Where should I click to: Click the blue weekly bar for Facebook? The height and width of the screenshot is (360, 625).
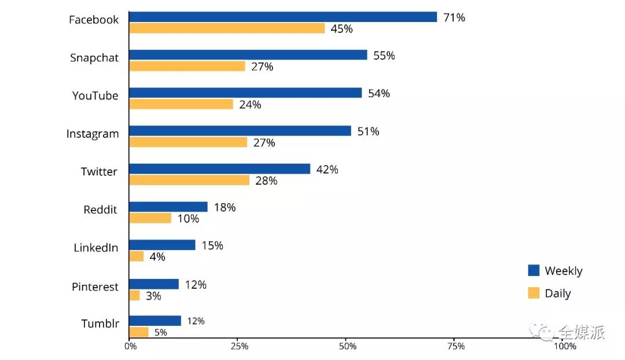(282, 17)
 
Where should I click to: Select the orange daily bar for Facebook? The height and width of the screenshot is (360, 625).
(226, 28)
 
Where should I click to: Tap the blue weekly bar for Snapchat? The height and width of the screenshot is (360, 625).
(248, 55)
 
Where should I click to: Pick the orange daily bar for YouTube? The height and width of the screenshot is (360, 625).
(181, 104)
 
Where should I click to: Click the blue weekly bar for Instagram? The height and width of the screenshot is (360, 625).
(240, 131)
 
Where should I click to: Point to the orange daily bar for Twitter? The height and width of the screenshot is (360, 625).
(189, 180)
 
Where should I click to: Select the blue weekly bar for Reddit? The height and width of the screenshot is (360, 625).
(168, 207)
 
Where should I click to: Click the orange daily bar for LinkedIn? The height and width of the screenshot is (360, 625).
(136, 256)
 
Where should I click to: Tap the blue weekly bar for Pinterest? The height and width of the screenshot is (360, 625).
(154, 284)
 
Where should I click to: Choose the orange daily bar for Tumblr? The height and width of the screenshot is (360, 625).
(138, 332)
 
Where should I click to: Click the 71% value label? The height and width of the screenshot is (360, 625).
(454, 17)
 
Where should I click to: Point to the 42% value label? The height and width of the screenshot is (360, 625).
(327, 170)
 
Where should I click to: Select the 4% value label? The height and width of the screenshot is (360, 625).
(157, 256)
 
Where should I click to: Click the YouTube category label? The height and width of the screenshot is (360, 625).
(95, 95)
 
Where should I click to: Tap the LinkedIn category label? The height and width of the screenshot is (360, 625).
(95, 248)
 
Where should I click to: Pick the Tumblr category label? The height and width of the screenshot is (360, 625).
(100, 324)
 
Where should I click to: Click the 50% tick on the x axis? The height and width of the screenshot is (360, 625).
(348, 346)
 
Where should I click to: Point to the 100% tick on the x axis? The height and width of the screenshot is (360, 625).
(565, 346)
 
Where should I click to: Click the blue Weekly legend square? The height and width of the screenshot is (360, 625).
(534, 270)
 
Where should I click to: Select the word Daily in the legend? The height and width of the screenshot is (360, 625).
(558, 293)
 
